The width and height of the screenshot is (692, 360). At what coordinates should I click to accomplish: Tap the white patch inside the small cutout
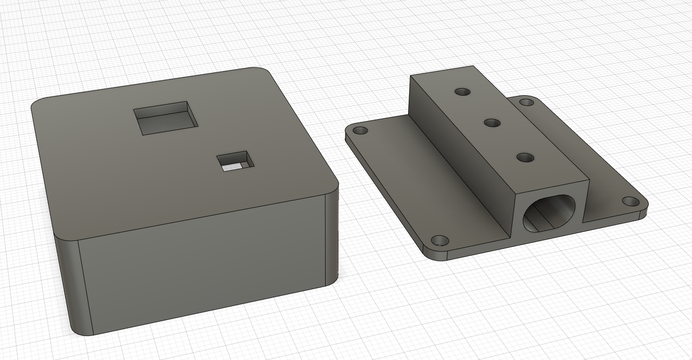click(x=231, y=167)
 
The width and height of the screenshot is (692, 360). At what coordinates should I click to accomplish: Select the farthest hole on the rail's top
click(x=463, y=91)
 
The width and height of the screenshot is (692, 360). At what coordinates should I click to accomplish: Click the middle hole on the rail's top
click(x=492, y=123)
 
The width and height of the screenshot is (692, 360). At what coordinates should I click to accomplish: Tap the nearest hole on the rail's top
click(x=525, y=157)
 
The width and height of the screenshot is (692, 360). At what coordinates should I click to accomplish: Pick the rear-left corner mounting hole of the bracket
click(x=360, y=130)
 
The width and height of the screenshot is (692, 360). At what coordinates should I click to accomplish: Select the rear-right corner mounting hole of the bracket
click(x=527, y=102)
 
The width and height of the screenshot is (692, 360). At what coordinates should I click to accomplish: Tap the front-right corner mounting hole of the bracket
click(x=631, y=202)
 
